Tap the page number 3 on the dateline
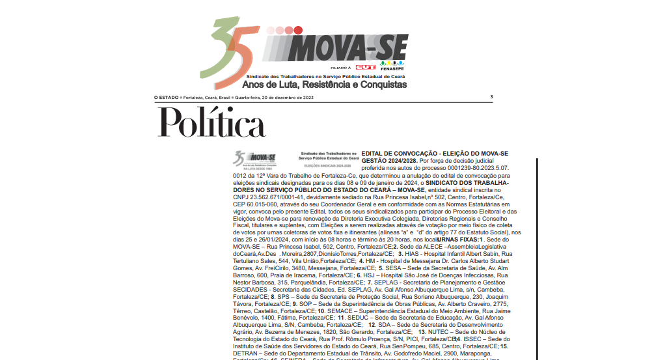click(x=491, y=97)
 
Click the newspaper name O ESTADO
click(x=166, y=97)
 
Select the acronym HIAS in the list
click(x=416, y=254)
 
